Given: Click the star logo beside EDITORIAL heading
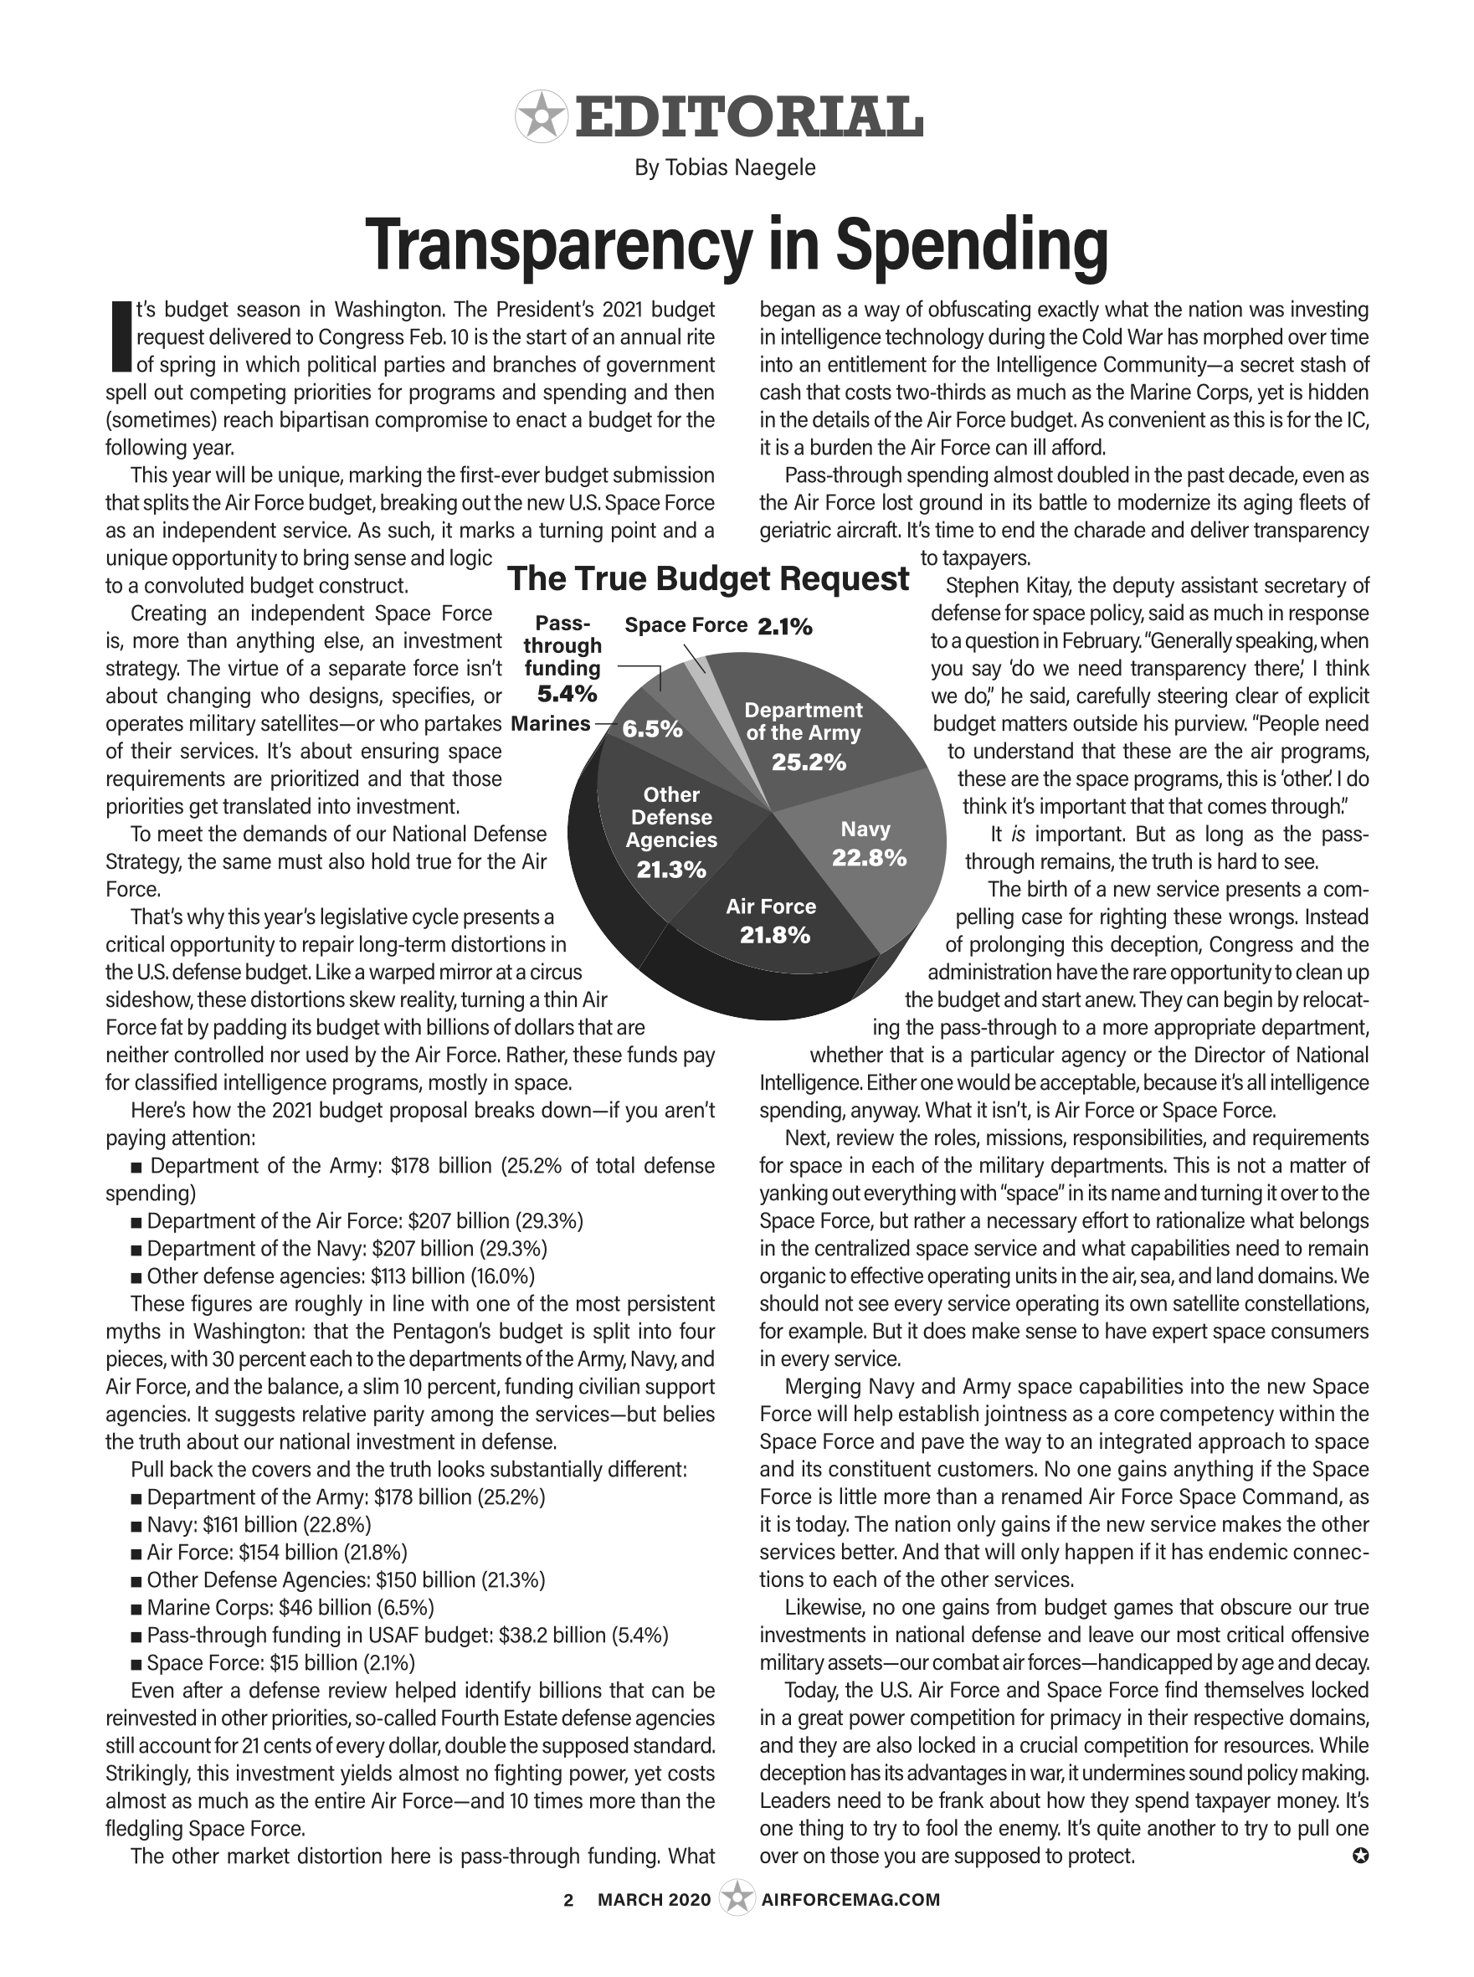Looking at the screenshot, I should (541, 117).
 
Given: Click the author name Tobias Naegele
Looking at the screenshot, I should (725, 167).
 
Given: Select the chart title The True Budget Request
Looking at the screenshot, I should (708, 579).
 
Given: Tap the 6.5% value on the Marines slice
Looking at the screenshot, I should (652, 729).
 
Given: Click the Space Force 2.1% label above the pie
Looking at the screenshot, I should (718, 626).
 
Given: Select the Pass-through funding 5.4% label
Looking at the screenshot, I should (562, 659).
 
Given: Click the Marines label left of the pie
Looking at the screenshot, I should (551, 723).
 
